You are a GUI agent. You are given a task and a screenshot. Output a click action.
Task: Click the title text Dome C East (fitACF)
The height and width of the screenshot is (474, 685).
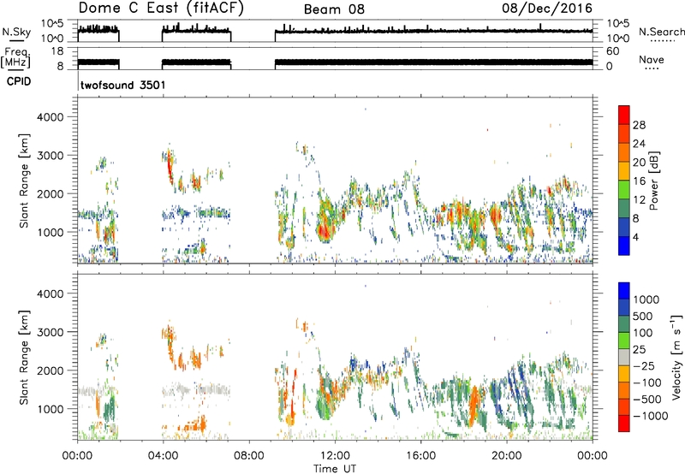pos(160,8)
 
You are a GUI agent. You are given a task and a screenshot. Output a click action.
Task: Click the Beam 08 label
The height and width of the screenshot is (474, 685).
pos(334,9)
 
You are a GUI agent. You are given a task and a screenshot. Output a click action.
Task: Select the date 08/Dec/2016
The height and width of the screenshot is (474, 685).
pos(547,9)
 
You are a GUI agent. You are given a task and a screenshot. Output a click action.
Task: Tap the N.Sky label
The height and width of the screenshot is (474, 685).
pos(16,32)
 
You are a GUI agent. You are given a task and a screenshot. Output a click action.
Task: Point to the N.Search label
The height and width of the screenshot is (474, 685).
pos(661,32)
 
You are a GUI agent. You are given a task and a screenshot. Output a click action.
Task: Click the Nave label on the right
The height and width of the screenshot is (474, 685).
pos(652,59)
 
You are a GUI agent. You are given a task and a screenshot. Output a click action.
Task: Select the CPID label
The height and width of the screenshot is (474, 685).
pos(19,81)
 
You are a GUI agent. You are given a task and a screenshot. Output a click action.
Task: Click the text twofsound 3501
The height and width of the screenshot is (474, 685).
pos(123,85)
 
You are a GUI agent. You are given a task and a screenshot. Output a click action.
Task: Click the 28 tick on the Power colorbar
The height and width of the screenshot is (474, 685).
pos(639,125)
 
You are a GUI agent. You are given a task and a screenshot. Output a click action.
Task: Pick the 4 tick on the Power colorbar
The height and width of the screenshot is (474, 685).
pos(635,237)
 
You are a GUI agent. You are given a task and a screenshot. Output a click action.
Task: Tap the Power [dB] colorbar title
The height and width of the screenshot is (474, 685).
pos(653,181)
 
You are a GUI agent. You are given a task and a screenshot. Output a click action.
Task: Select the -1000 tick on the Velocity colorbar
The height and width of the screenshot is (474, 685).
pos(651,416)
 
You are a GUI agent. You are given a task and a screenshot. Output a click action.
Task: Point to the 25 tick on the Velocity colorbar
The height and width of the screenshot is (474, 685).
pos(640,350)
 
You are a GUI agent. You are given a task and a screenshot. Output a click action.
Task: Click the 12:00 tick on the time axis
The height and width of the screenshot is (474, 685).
pos(335,456)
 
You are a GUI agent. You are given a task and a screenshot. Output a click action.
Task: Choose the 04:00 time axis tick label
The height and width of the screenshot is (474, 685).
pos(164,456)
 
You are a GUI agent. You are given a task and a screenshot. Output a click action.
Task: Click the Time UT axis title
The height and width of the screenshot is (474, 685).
pos(335,469)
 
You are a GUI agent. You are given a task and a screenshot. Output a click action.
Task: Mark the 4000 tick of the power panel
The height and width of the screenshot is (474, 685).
pos(51,117)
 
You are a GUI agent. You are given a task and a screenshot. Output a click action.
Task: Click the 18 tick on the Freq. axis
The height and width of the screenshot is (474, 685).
pos(57,51)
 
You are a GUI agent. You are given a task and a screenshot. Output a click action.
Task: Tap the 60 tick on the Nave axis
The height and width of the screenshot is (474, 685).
pos(612,51)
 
